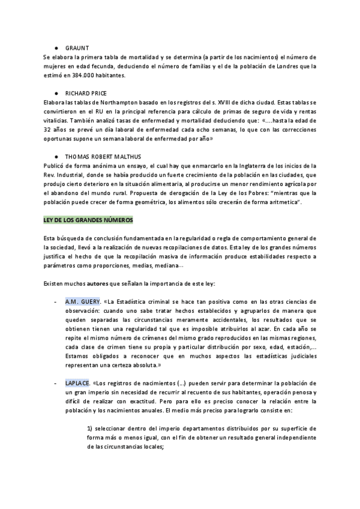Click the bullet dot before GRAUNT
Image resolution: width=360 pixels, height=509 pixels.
coord(56,47)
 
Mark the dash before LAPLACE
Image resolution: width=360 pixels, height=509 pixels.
coord(55,382)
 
